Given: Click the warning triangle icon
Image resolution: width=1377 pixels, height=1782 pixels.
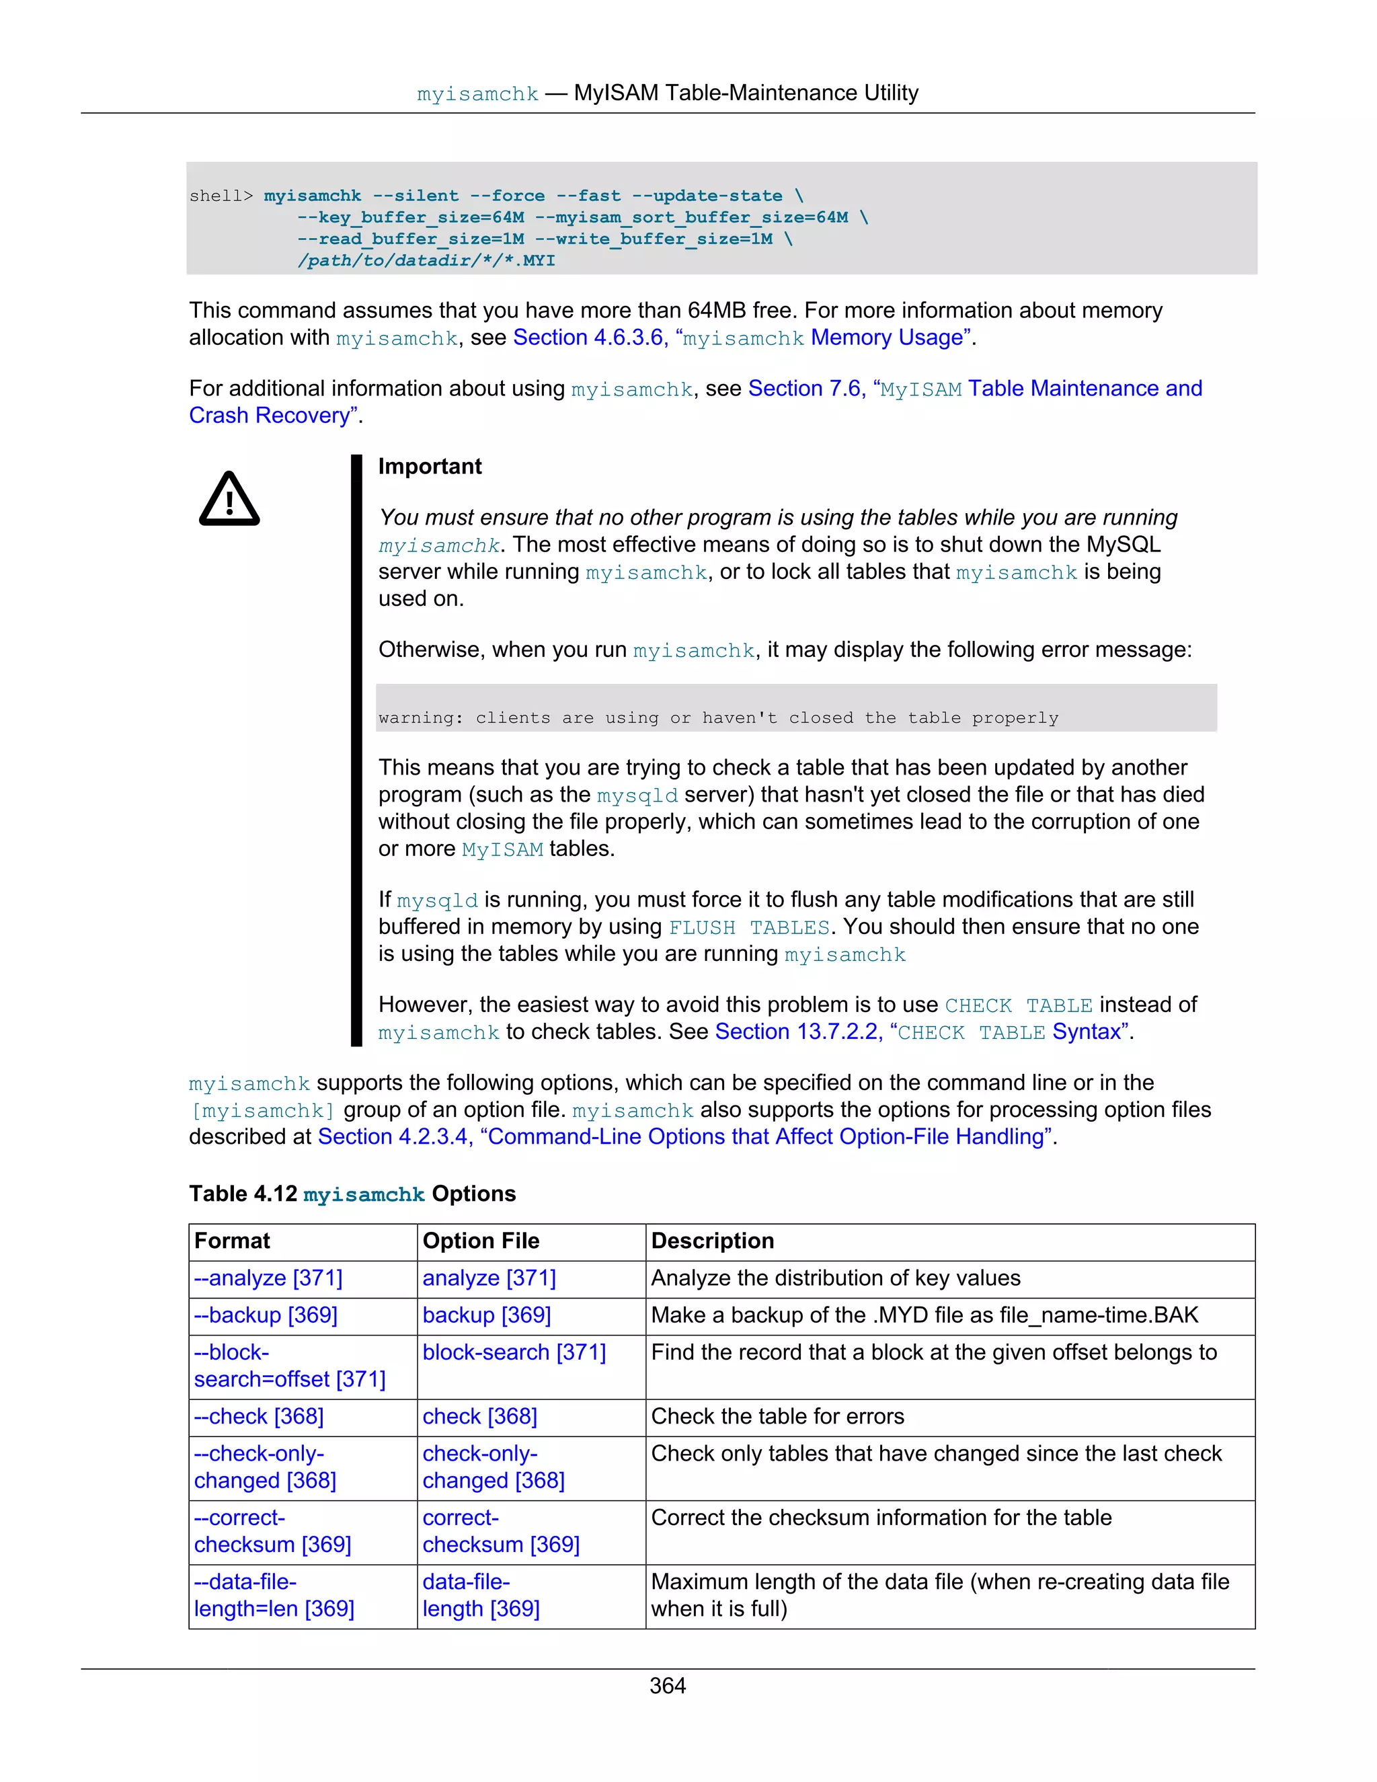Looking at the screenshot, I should tap(229, 500).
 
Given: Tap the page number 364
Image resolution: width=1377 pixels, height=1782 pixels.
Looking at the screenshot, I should tap(667, 1685).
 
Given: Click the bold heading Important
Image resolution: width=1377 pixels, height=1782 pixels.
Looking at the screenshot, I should tap(430, 466).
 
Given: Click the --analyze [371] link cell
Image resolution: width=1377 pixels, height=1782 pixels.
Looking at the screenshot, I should tap(268, 1278).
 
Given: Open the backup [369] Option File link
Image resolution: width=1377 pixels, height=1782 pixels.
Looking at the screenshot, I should tap(487, 1315).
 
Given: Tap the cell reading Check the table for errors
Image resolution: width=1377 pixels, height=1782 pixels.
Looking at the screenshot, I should tap(777, 1416).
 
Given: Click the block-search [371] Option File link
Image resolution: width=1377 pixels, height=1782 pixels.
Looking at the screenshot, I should tap(514, 1352).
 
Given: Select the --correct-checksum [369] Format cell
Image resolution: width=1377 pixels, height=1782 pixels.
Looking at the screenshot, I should tap(272, 1531).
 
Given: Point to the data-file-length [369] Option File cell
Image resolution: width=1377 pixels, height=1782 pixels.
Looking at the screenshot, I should tap(481, 1595).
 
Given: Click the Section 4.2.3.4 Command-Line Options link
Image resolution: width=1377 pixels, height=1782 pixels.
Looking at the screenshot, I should tap(684, 1136).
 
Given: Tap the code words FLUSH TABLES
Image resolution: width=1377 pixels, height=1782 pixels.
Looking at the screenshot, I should tap(749, 928).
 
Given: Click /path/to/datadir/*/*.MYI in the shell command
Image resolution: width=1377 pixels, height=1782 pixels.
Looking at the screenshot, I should tap(426, 260).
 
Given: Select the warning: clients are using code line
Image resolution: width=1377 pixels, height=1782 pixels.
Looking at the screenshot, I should tap(718, 718).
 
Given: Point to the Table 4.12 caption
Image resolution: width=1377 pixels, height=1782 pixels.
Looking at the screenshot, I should tap(352, 1194).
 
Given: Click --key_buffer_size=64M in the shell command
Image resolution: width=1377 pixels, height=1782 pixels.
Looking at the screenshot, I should tap(410, 217).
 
